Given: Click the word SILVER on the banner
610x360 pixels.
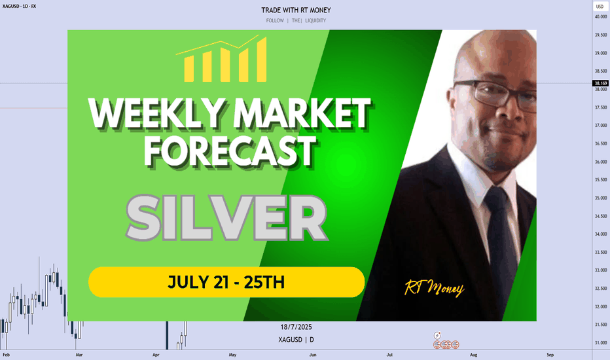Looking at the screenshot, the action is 227,217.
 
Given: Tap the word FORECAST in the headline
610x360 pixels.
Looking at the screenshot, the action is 230,151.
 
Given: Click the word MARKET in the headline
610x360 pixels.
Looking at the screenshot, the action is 302,113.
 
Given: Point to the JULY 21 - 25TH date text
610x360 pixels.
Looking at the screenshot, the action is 226,282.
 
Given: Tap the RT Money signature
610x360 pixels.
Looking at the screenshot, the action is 434,289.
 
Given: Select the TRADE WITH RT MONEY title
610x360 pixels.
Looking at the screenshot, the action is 296,10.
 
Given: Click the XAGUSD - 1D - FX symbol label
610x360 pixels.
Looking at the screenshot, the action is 19,7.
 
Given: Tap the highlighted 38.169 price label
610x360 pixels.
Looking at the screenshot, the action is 601,83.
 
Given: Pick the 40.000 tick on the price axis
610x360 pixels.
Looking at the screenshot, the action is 601,17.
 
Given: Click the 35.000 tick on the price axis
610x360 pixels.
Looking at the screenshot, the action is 601,198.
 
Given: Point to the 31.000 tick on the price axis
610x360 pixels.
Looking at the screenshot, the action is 601,343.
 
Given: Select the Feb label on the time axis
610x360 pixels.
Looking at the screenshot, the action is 7,355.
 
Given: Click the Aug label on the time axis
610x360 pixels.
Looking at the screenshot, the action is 473,355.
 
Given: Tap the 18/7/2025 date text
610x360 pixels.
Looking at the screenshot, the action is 296,327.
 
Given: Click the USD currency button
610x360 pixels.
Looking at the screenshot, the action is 600,7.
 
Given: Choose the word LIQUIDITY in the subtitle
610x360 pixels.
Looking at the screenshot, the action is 315,21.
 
